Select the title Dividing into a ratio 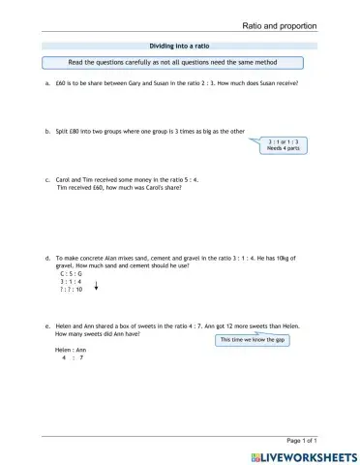point(179,46)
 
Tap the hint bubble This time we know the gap point(254,340)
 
